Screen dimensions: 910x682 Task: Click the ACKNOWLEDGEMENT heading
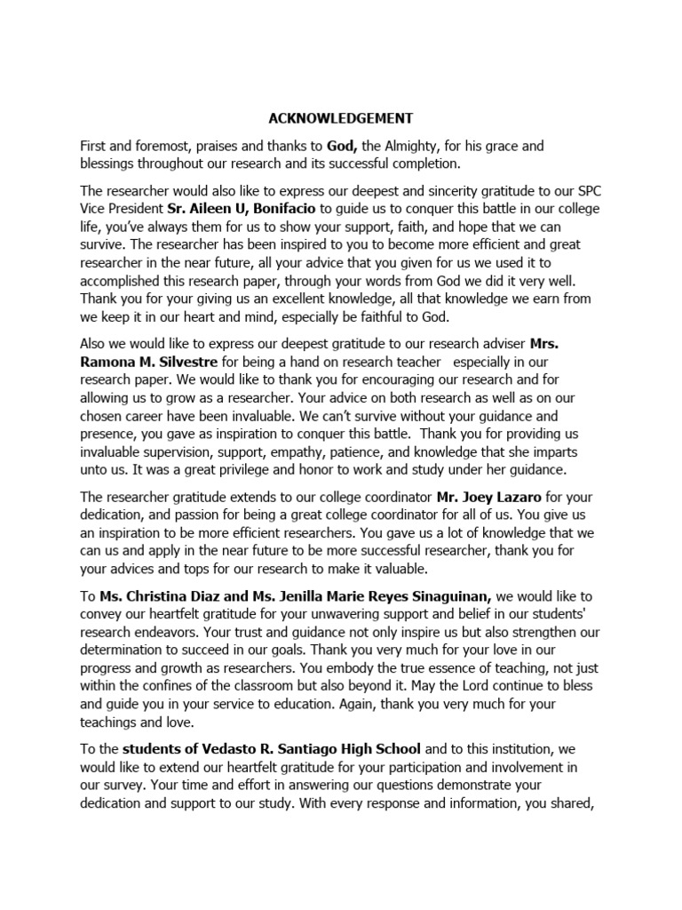342,117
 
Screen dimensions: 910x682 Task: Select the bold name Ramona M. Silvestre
150,362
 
